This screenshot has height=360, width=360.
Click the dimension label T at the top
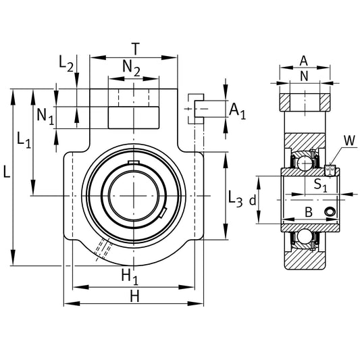click(x=135, y=49)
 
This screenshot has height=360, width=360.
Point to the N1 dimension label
click(x=45, y=115)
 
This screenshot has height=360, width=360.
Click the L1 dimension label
click(x=24, y=140)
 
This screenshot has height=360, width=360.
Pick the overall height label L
click(x=6, y=173)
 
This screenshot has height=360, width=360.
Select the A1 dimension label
click(x=238, y=111)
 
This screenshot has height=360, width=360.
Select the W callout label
click(x=349, y=140)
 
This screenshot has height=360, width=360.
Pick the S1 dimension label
click(x=321, y=184)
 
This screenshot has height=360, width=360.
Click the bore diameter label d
click(x=253, y=201)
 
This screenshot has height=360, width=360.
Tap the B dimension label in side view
click(x=308, y=212)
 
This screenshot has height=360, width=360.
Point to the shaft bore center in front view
click(x=134, y=196)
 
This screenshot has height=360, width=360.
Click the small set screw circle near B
click(x=330, y=213)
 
